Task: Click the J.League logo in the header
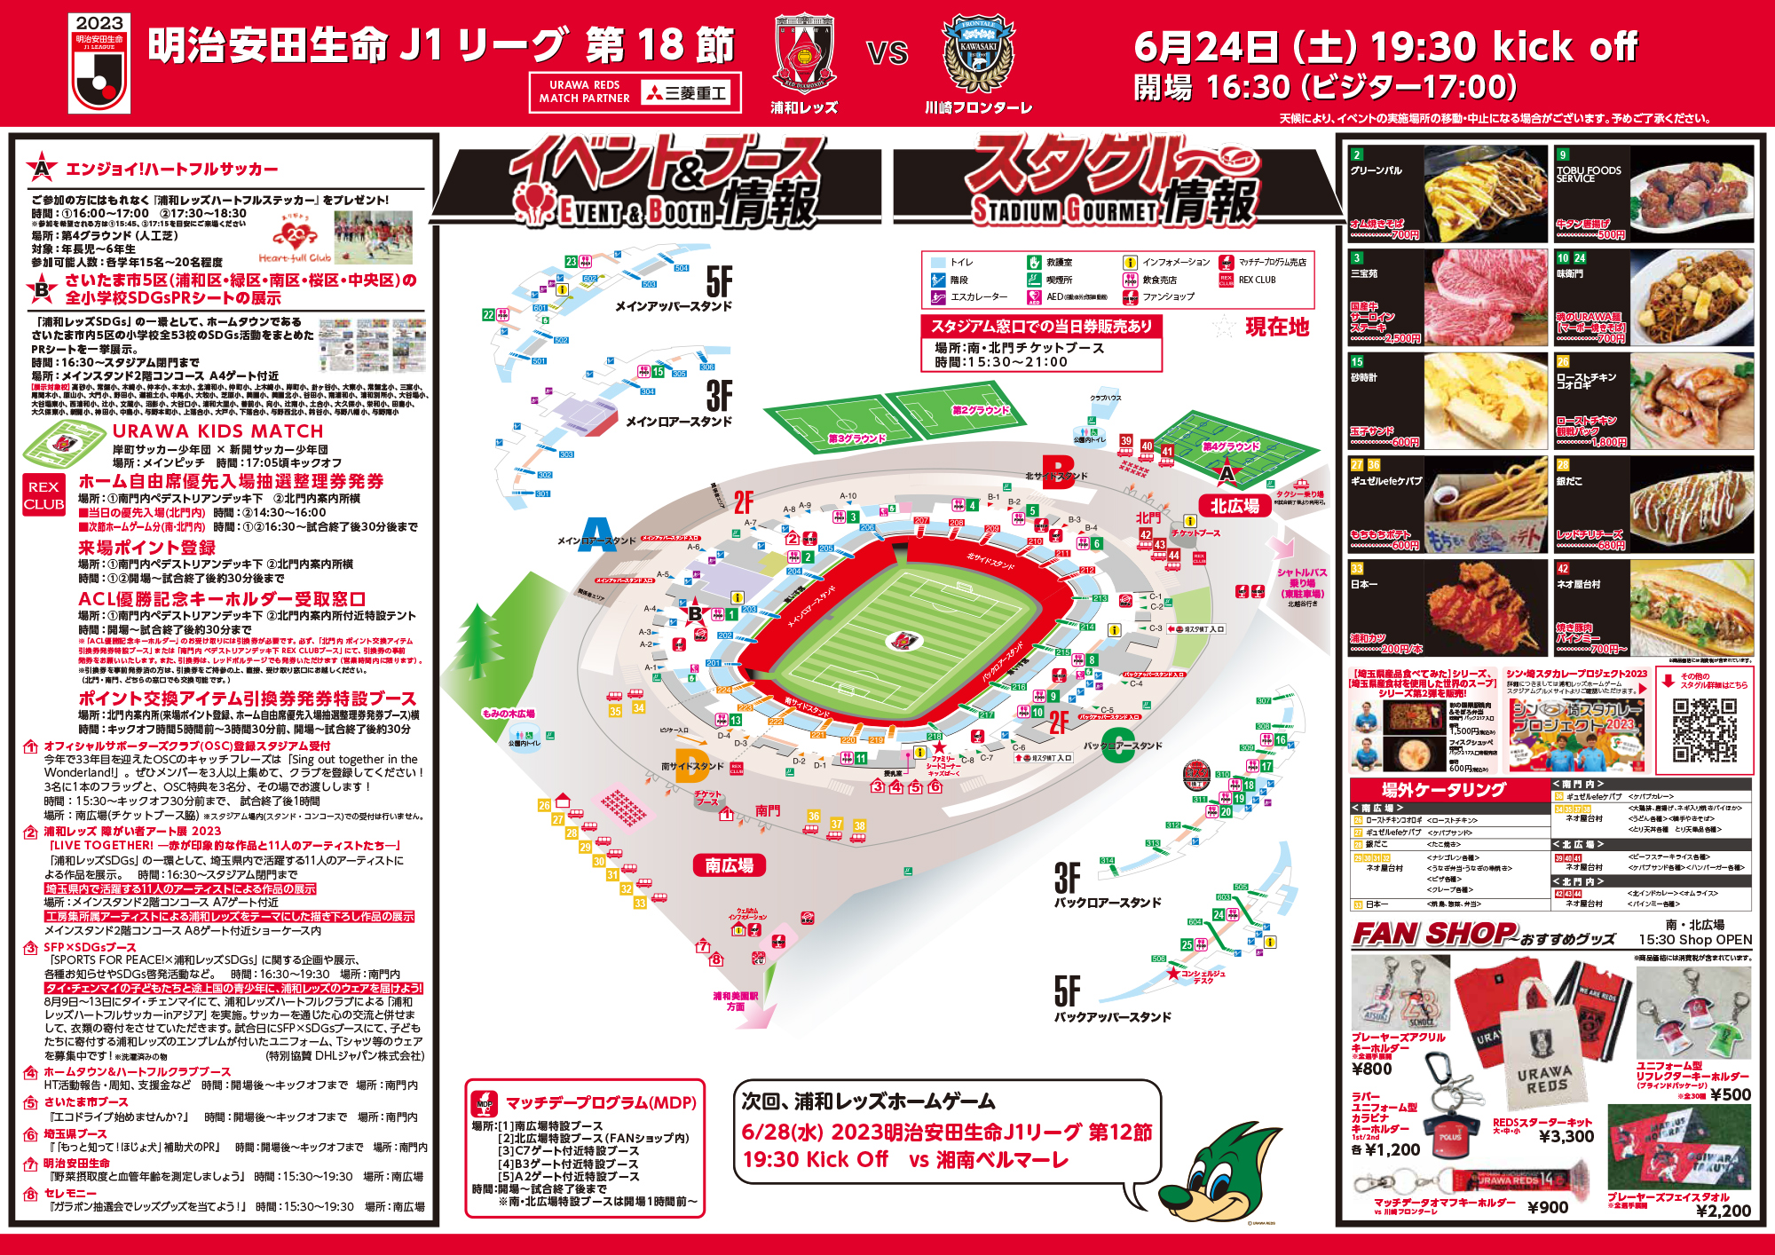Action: pyautogui.click(x=99, y=63)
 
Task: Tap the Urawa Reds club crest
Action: pyautogui.click(x=804, y=53)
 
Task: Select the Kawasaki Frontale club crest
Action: pyautogui.click(x=978, y=53)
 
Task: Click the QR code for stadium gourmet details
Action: pyautogui.click(x=1704, y=730)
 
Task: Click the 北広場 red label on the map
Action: pyautogui.click(x=1235, y=506)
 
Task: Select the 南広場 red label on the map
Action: pyautogui.click(x=729, y=865)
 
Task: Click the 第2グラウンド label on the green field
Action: pyautogui.click(x=980, y=410)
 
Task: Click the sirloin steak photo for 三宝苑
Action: pyautogui.click(x=1486, y=297)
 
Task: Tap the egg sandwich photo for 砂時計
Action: pyautogui.click(x=1486, y=401)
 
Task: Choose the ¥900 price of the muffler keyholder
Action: pyautogui.click(x=1547, y=1207)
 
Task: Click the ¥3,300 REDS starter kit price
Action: pyautogui.click(x=1566, y=1136)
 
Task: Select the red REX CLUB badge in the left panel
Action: pyautogui.click(x=43, y=495)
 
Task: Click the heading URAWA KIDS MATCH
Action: pyautogui.click(x=217, y=431)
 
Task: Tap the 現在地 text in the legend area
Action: pyautogui.click(x=1277, y=328)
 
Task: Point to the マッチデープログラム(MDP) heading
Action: pyautogui.click(x=601, y=1103)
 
